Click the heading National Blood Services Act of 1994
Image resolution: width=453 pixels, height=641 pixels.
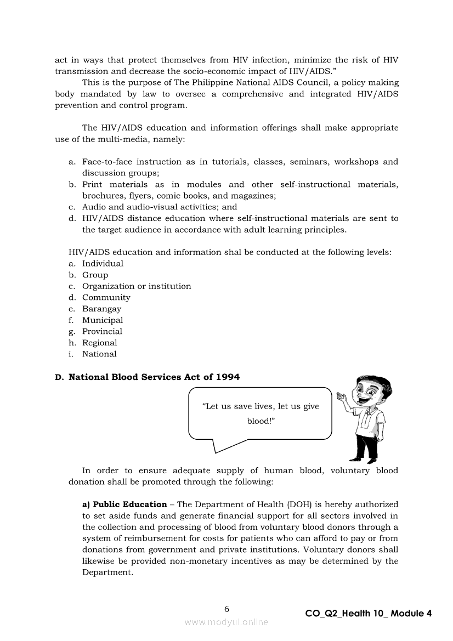[154, 377]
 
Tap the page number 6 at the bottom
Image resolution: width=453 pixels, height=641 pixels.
[226, 609]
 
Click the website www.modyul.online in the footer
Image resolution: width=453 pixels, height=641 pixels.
[226, 622]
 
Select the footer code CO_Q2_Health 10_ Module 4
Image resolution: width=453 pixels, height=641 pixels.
[368, 614]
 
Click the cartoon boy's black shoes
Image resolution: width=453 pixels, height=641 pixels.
[364, 459]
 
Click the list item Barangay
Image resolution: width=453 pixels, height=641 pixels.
[101, 309]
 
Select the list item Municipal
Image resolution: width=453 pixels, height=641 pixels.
[103, 320]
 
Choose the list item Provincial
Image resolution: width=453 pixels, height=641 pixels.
[102, 331]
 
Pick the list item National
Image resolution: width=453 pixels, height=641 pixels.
[99, 354]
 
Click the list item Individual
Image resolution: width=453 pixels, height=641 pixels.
[103, 263]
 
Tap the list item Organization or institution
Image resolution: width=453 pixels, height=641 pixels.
[137, 286]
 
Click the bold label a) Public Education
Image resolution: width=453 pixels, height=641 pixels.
[124, 504]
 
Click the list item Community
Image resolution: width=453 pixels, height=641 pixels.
[106, 297]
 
